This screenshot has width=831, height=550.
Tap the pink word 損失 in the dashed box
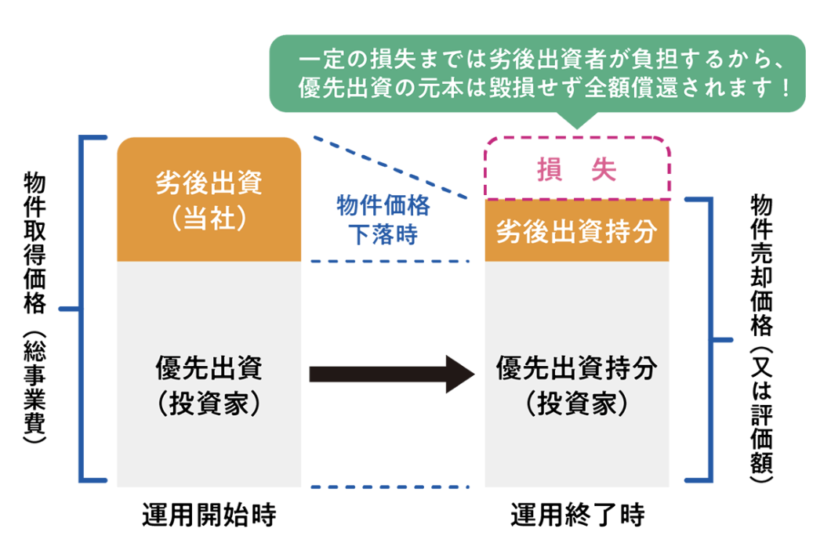point(577,169)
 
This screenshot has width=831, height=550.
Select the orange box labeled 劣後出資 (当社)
point(209,199)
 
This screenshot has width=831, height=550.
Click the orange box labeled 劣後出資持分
point(577,231)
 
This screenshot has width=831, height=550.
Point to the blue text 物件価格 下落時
point(383,220)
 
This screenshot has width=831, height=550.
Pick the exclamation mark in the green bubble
point(785,85)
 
